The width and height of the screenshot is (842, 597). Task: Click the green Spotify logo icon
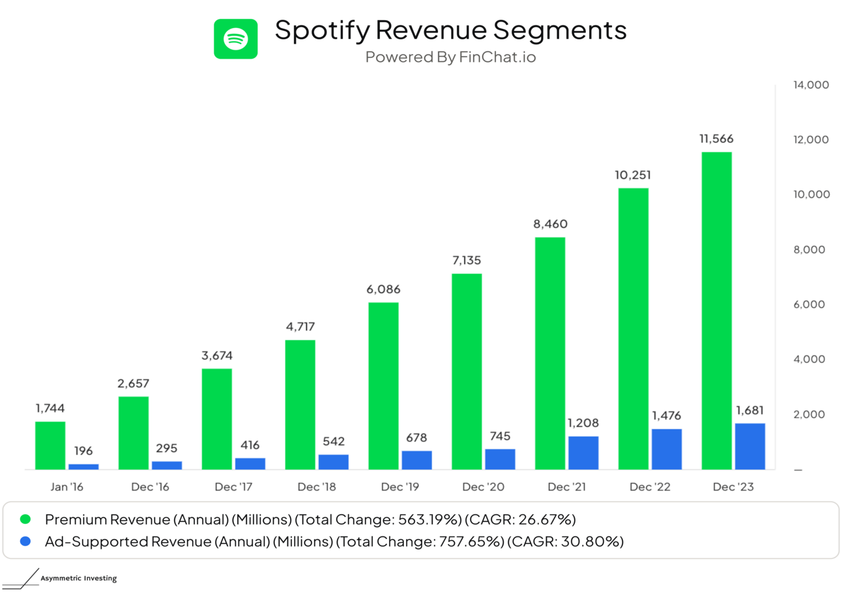tap(235, 39)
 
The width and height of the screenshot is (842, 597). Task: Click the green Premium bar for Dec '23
tap(716, 311)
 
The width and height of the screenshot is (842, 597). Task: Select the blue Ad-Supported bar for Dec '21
tap(583, 453)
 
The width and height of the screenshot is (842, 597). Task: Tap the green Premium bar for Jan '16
tap(50, 446)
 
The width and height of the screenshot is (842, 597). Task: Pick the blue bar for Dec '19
tap(416, 460)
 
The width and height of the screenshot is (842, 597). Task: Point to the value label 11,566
tap(716, 139)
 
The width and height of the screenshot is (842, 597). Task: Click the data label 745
tap(500, 436)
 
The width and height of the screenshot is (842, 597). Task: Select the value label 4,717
tap(300, 326)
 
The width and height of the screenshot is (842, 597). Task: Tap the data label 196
tap(83, 451)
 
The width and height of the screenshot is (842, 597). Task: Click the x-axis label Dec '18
tap(317, 487)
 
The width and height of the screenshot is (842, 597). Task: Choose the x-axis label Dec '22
tap(650, 487)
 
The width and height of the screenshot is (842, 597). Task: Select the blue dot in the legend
tap(25, 541)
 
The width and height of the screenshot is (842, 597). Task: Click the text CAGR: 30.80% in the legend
tap(565, 541)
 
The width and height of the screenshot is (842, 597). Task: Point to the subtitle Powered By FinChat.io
tap(450, 57)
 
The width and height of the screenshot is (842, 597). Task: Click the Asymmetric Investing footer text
tap(78, 579)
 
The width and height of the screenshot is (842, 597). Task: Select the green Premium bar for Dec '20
tap(467, 371)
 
